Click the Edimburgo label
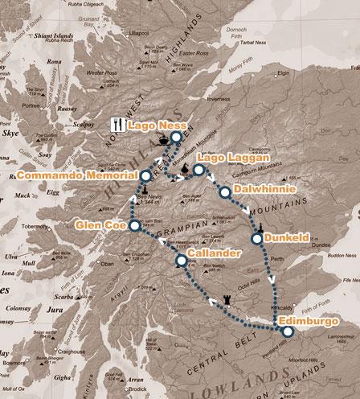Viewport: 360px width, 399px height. click(312, 323)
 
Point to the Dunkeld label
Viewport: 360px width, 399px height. click(286, 238)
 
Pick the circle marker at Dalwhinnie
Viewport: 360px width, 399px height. click(223, 190)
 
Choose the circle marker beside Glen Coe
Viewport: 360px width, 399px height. click(135, 224)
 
